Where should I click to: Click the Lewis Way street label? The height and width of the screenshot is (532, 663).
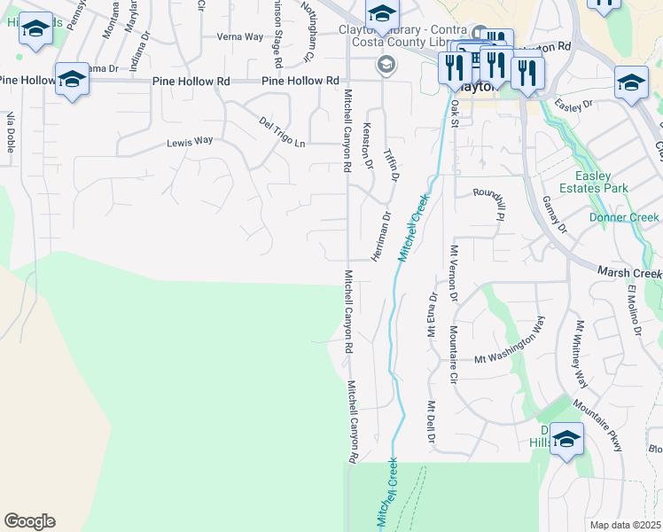click(x=191, y=141)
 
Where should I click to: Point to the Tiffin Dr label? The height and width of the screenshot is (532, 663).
click(x=391, y=164)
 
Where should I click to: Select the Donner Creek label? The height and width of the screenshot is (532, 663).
click(x=624, y=217)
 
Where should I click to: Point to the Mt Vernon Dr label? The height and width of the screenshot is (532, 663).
click(x=454, y=273)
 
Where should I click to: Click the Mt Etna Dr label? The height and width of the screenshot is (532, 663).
click(x=433, y=316)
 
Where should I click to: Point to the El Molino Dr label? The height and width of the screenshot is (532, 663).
click(x=635, y=311)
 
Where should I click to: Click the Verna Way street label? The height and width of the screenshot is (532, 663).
click(x=240, y=37)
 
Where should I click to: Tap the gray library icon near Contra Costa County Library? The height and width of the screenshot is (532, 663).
click(x=386, y=64)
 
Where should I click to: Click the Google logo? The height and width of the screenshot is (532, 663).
click(x=29, y=521)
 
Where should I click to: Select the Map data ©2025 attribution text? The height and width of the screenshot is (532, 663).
click(x=624, y=525)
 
